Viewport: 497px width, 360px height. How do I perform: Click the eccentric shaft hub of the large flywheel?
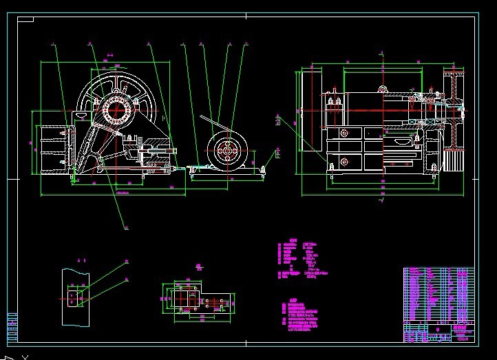tap(118, 109)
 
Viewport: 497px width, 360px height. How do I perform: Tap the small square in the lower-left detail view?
tap(74, 298)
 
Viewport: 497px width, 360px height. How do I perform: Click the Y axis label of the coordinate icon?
tap(25, 357)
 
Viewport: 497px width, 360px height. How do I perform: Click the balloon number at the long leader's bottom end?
tap(126, 227)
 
